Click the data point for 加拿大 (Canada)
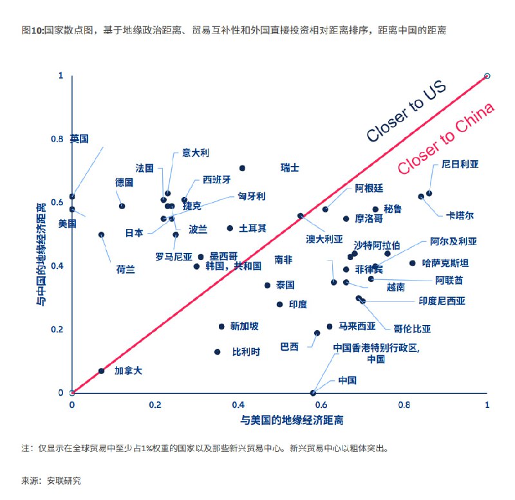coord(101,371)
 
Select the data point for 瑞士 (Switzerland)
coord(242,168)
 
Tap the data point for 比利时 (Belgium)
coord(218,352)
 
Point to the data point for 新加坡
coord(221,326)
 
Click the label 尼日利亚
coord(460,165)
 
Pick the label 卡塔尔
coord(460,215)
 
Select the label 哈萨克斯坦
coord(445,263)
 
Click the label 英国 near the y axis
coord(79,138)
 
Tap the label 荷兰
coord(126,269)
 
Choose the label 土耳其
coord(252,228)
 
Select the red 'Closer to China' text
coord(445,138)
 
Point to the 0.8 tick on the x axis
coord(404,406)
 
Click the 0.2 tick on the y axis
coord(59,329)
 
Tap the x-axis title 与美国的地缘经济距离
coord(292,421)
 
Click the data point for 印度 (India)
coord(279,304)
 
